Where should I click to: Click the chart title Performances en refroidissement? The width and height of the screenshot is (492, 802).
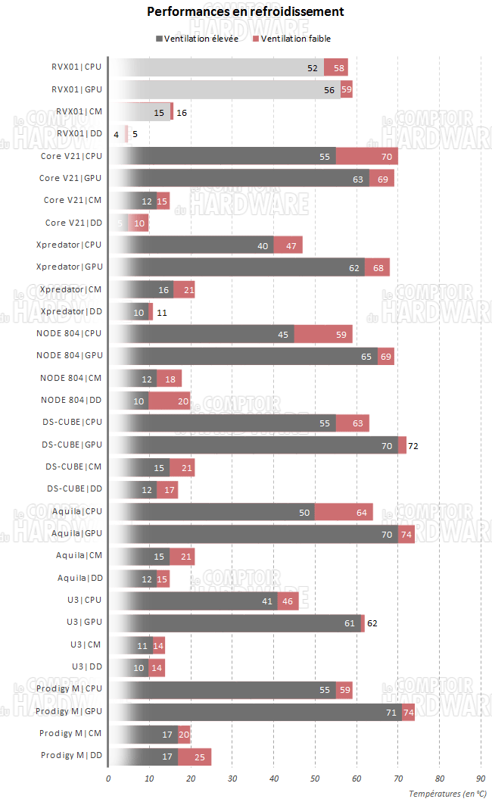245,12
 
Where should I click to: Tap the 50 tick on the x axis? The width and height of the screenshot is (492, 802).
316,778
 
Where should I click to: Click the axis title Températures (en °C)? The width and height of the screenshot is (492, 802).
447,793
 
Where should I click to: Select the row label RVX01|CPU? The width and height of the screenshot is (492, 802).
76,67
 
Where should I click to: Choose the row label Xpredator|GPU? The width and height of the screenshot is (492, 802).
69,267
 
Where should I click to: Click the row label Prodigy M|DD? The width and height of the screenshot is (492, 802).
70,755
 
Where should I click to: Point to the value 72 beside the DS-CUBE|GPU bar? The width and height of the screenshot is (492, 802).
413,447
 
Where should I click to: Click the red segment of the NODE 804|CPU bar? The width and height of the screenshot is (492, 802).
323,334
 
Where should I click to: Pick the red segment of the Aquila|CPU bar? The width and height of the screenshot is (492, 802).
344,512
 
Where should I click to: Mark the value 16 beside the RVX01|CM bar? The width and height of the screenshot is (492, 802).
182,112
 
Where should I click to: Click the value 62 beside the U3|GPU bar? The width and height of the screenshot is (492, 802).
371,623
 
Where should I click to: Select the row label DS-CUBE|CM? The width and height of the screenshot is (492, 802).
73,467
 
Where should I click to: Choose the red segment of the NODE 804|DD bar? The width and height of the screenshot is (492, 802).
169,401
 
